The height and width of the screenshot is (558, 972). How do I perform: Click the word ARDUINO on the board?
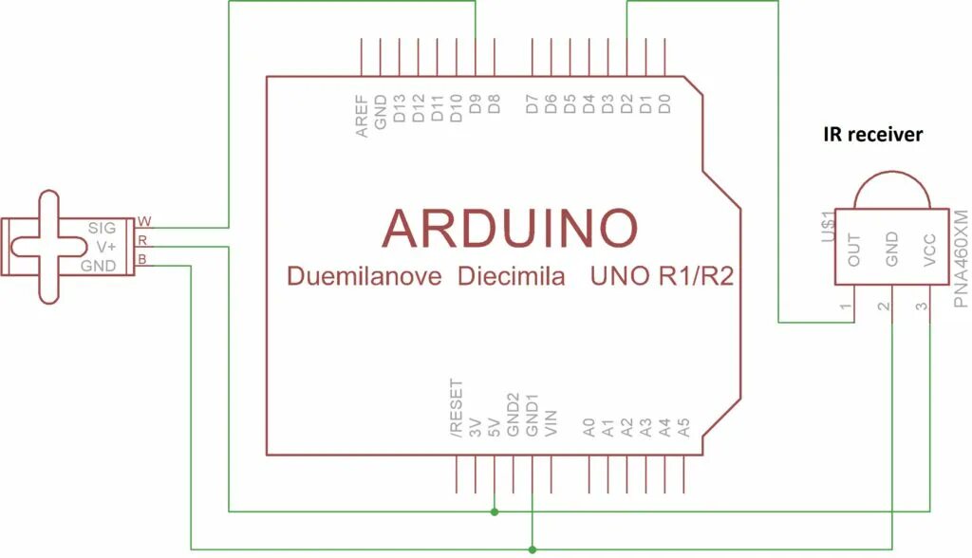pyautogui.click(x=510, y=228)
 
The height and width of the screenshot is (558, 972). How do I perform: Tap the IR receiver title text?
pyautogui.click(x=872, y=135)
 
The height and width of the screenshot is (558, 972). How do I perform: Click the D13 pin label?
pyautogui.click(x=400, y=110)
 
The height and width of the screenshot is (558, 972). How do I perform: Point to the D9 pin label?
pyautogui.click(x=475, y=105)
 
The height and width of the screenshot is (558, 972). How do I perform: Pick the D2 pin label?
pyautogui.click(x=627, y=104)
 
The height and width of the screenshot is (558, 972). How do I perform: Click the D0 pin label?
pyautogui.click(x=665, y=104)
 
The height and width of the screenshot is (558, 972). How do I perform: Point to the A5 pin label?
pyautogui.click(x=683, y=427)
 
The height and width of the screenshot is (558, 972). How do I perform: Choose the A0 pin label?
pyautogui.click(x=589, y=427)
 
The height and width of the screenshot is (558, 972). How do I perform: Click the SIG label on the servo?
pyautogui.click(x=101, y=228)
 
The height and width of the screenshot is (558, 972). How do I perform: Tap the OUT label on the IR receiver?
pyautogui.click(x=854, y=249)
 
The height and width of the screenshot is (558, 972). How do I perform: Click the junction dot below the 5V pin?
pyautogui.click(x=495, y=512)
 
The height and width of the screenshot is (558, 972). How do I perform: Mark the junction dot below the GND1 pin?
pyautogui.click(x=533, y=549)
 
